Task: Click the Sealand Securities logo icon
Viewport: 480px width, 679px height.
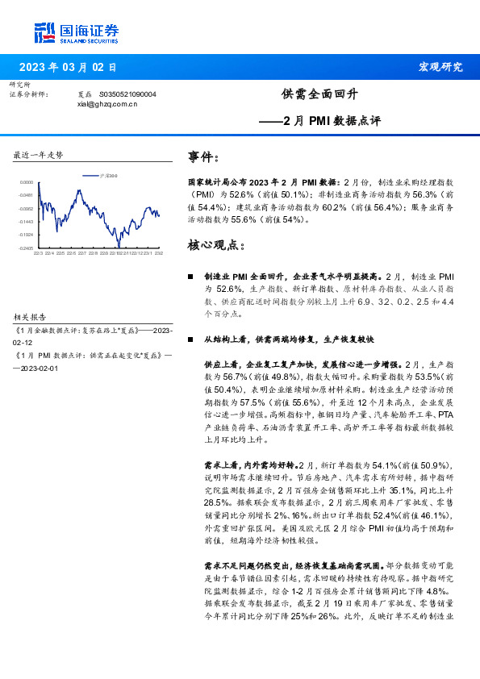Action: (x=44, y=32)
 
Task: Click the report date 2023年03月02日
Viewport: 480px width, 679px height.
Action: (x=68, y=67)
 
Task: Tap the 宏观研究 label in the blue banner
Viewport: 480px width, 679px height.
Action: (x=440, y=67)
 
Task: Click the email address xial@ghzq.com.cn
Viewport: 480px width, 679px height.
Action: (x=107, y=104)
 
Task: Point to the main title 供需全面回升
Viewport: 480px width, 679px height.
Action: (x=319, y=94)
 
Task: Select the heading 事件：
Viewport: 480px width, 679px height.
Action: (x=202, y=156)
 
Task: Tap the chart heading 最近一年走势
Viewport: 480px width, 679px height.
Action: (x=38, y=155)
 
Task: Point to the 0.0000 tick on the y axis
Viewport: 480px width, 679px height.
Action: (x=27, y=182)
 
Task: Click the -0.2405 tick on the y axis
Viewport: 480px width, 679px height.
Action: (x=27, y=248)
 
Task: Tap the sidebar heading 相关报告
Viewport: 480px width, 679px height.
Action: (x=31, y=317)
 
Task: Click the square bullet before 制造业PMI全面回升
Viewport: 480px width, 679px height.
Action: (x=190, y=277)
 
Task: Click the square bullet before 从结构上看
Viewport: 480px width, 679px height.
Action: (x=190, y=340)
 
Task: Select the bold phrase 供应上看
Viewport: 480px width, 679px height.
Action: (x=221, y=365)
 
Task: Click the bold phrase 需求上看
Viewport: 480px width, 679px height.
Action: (x=221, y=465)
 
